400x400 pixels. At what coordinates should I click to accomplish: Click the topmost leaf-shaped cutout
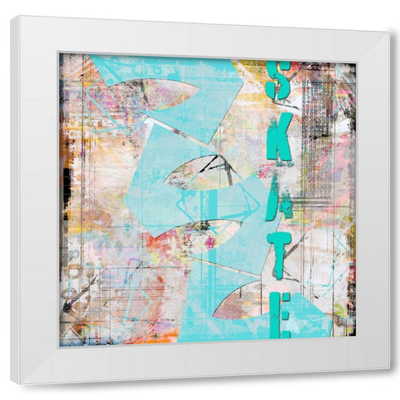[x=157, y=93]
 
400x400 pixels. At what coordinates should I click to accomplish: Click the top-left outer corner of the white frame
[x=11, y=17]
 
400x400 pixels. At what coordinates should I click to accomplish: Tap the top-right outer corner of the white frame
[x=390, y=32]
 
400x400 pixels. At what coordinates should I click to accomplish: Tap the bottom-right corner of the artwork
[x=357, y=337]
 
